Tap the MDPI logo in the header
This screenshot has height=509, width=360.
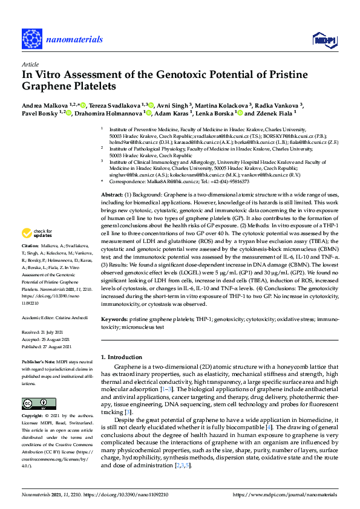tap(324, 40)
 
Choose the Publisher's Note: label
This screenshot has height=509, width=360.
tap(37, 361)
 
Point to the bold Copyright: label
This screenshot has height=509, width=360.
tap(33, 417)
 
